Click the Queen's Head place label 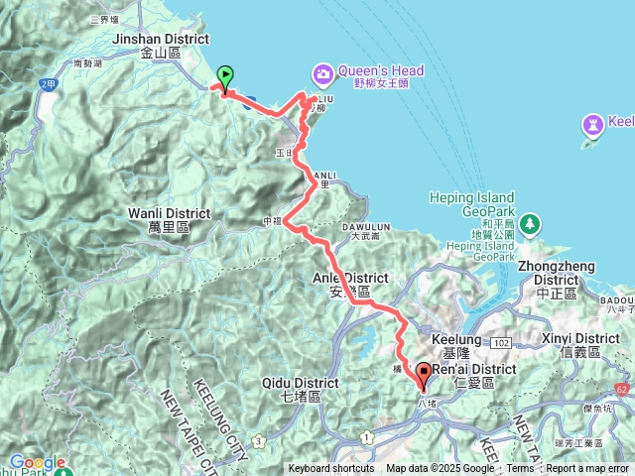click(x=381, y=71)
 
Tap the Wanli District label click(x=169, y=213)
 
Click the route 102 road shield click(x=503, y=342)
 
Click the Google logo click(x=37, y=462)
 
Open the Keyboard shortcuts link click(x=331, y=469)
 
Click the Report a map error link click(x=587, y=469)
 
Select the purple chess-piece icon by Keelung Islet click(x=593, y=125)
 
